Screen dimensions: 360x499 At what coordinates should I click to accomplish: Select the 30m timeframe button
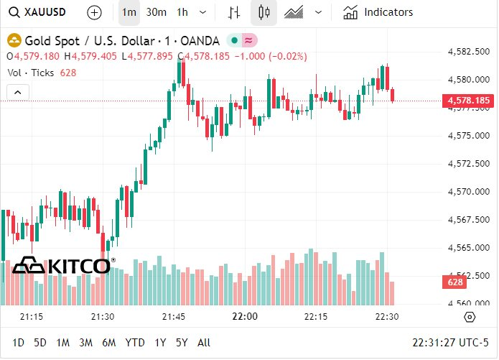point(156,12)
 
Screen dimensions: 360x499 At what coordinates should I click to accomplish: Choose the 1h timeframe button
point(182,12)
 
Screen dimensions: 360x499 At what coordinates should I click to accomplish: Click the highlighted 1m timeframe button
point(129,12)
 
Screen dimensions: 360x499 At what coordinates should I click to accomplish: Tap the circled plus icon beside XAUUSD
point(94,12)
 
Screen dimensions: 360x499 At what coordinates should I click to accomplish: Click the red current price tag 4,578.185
point(468,101)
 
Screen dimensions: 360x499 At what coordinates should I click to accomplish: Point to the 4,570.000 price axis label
point(468,191)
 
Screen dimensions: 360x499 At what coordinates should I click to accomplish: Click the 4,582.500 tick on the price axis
point(468,52)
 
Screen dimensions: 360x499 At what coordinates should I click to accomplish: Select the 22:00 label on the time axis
point(245,317)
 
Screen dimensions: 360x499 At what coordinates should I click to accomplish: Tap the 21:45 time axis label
point(174,317)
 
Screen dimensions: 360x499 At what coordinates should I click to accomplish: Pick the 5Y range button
point(181,343)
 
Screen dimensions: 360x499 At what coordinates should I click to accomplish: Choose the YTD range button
point(134,343)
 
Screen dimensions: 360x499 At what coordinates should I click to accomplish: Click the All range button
point(204,343)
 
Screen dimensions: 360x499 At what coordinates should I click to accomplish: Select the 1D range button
point(19,343)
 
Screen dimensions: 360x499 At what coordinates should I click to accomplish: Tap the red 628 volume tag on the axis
point(455,282)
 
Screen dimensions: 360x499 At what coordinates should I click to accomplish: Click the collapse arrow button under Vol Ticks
point(18,92)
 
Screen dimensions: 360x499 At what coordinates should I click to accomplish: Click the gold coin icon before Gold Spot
point(13,40)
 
